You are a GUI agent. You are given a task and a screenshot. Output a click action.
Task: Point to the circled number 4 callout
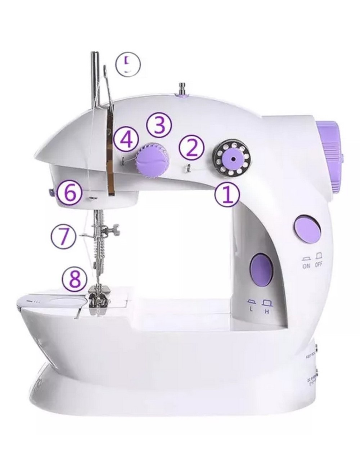126,140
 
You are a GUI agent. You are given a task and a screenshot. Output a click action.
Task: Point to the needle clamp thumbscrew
115,229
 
